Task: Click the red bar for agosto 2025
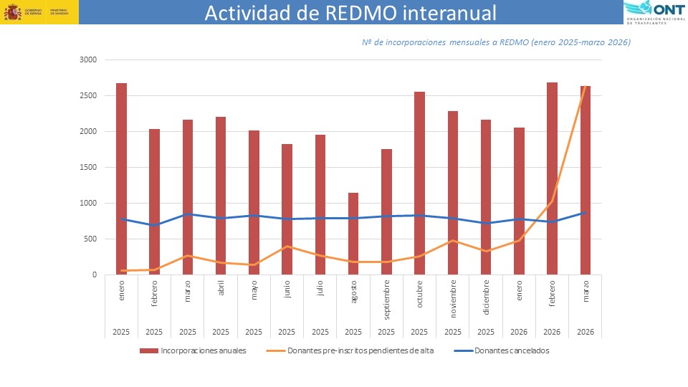coord(353,234)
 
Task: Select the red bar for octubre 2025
coord(420,183)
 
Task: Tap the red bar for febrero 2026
coord(553,178)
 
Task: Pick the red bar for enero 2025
coord(121,179)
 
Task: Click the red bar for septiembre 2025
coord(386,212)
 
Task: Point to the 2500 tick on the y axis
coord(87,95)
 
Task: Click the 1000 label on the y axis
coord(87,203)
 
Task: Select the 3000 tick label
coord(87,59)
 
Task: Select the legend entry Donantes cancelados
coord(512,350)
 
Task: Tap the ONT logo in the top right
coord(654,12)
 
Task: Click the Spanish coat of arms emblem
coord(13,12)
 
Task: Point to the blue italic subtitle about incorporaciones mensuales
coord(496,42)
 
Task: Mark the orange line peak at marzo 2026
coord(586,87)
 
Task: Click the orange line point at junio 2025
coord(287,247)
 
